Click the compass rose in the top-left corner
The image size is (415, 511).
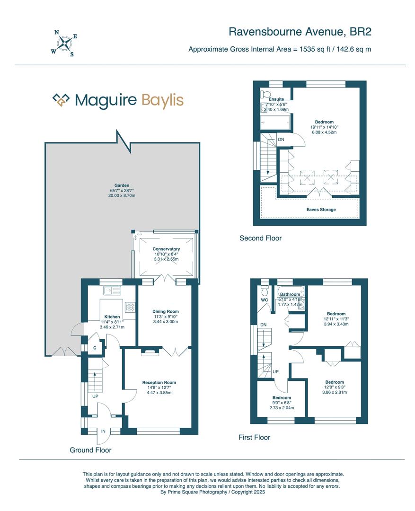click(x=64, y=43)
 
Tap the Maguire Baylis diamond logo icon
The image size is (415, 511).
click(x=62, y=100)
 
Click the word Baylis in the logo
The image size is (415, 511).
click(x=163, y=101)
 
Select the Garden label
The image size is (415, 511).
click(x=122, y=185)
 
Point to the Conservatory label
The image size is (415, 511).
click(x=166, y=249)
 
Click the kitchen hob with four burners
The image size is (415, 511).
click(x=130, y=307)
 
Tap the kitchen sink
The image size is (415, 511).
click(x=112, y=290)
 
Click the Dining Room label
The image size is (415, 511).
click(x=166, y=311)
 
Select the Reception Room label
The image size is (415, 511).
click(x=159, y=383)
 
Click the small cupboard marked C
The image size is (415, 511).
click(x=95, y=348)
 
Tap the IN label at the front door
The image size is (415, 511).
click(x=103, y=432)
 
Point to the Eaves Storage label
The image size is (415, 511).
click(x=321, y=210)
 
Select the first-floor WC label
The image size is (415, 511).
click(x=265, y=300)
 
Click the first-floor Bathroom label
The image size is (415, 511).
click(x=290, y=294)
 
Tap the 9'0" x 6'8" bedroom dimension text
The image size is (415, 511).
click(x=282, y=403)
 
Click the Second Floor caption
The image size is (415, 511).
click(x=260, y=238)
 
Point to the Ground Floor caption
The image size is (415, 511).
click(x=91, y=450)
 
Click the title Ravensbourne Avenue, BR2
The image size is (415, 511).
click(x=300, y=32)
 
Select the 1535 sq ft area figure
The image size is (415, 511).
click(x=315, y=50)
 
